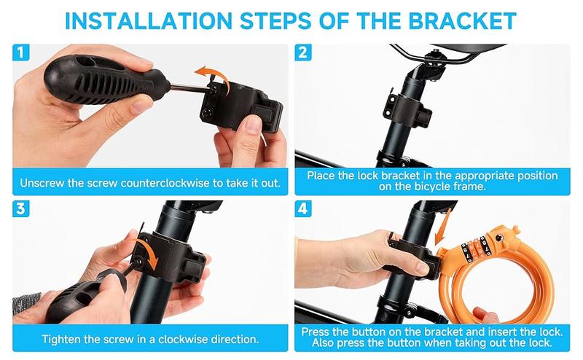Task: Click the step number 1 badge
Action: [x=21, y=52]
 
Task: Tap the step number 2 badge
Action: [x=303, y=52]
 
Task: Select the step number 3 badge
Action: [x=21, y=209]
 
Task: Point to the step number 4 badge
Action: [x=303, y=209]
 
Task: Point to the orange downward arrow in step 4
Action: [x=443, y=226]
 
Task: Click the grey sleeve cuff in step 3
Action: [x=26, y=303]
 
